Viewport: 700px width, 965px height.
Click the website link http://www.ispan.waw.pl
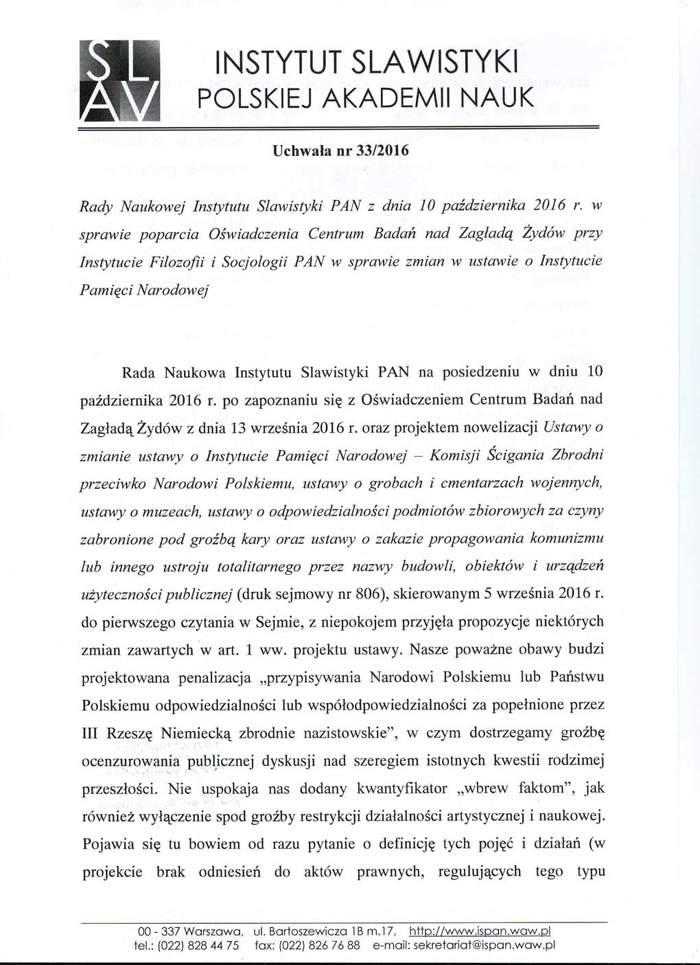point(480,931)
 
